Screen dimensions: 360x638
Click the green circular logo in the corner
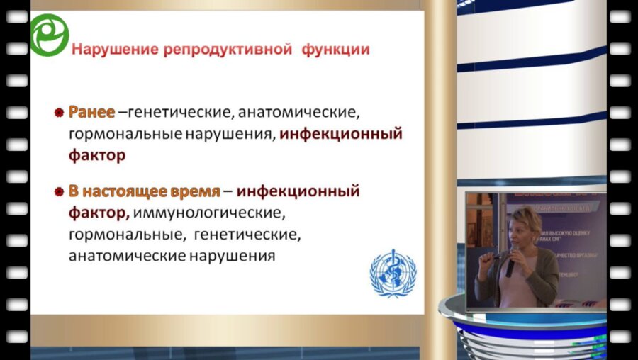(49, 35)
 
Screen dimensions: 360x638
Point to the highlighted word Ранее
(91, 112)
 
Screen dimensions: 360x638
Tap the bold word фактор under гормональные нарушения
(97, 155)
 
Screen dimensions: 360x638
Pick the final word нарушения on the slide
(234, 254)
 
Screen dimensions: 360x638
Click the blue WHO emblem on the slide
(393, 273)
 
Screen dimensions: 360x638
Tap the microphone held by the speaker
(510, 265)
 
